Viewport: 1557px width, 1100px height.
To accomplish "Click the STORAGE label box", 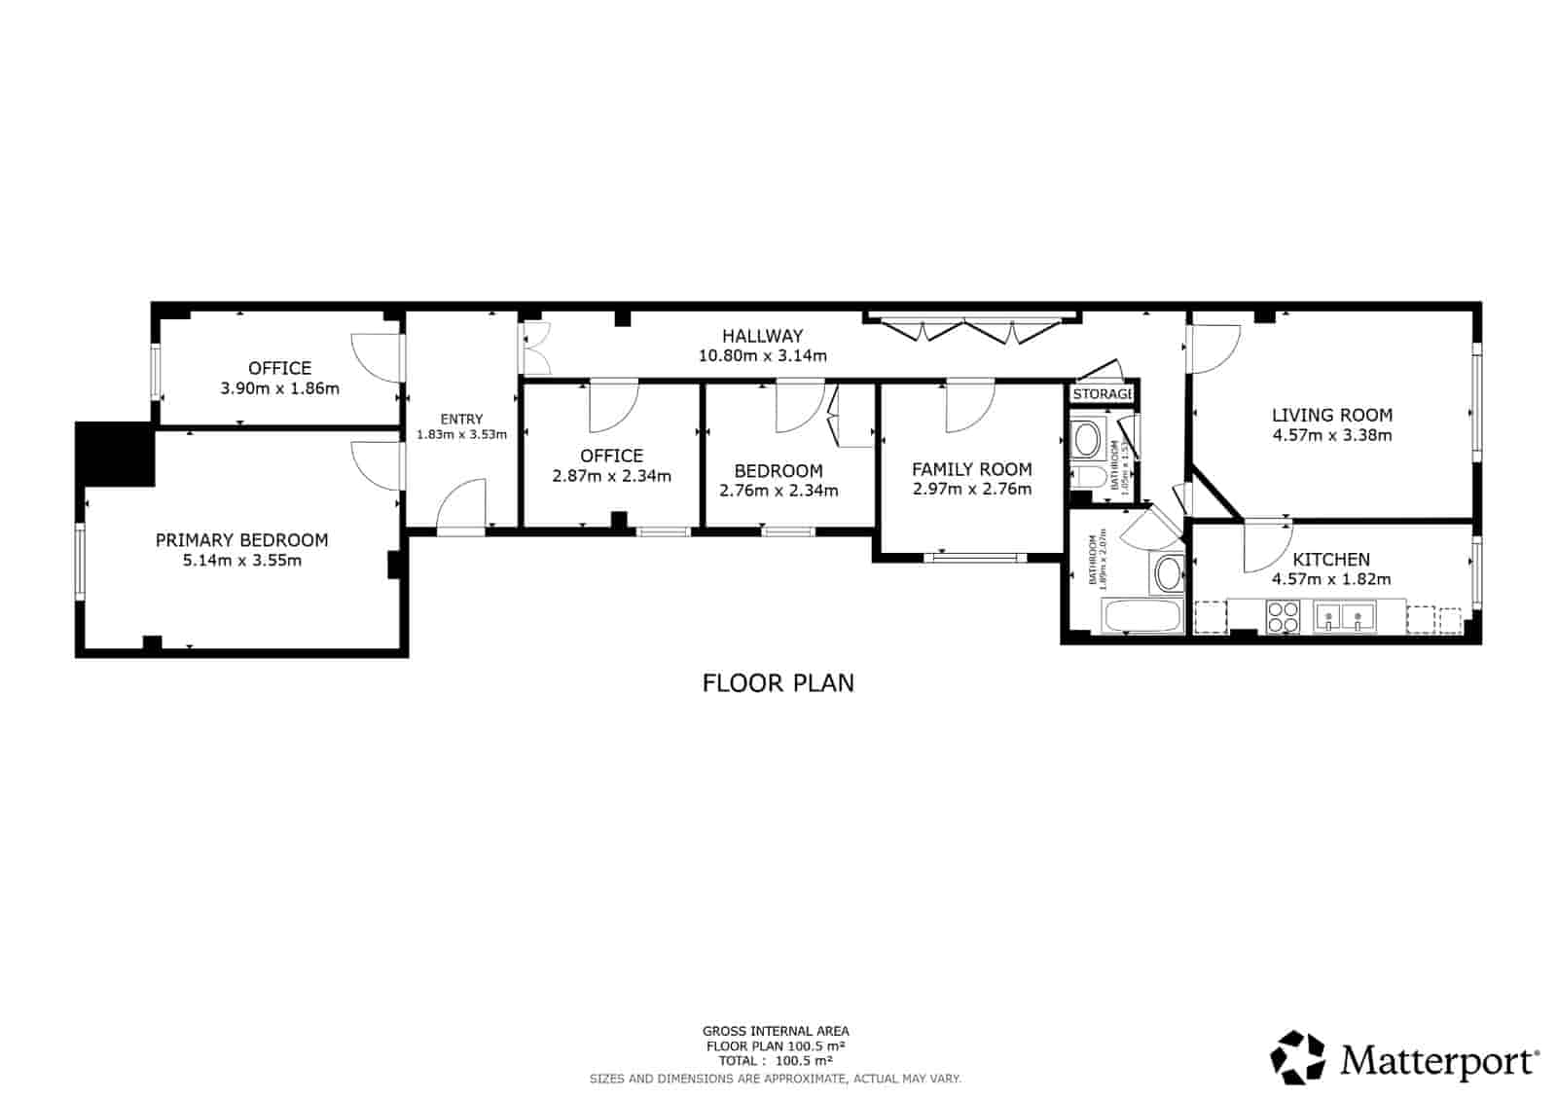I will (x=1103, y=393).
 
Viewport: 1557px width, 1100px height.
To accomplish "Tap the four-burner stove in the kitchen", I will (x=1283, y=616).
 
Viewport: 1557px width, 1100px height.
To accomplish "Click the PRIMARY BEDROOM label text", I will (x=241, y=540).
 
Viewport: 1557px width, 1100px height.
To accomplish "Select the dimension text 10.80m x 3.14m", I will (x=762, y=356).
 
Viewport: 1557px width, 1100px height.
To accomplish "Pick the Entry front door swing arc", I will (x=460, y=506).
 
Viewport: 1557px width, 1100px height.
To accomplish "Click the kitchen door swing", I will (x=1266, y=549).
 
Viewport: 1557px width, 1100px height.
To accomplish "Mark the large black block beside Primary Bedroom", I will (x=115, y=453).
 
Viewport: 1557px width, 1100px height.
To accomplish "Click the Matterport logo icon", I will (x=1298, y=1057).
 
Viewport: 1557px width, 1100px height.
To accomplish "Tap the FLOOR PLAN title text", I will (x=778, y=683).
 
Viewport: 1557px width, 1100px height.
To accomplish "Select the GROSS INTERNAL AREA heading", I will (x=776, y=1031).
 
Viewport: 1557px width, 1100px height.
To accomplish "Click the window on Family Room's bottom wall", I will (x=974, y=558).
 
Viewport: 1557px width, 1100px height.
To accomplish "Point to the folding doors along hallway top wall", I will (x=971, y=329).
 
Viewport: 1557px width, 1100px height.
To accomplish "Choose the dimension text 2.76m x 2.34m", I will (x=778, y=491).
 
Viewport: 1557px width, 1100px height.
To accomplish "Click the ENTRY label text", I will (x=461, y=419).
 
